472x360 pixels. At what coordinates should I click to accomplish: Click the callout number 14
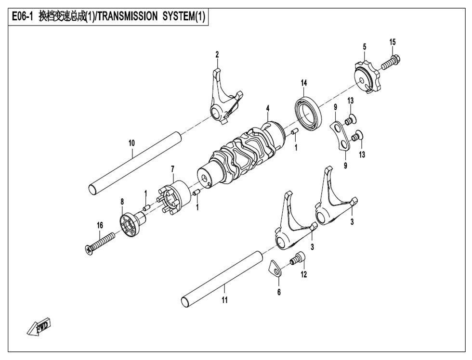point(304,83)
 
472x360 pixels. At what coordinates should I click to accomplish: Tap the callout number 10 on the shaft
point(131,143)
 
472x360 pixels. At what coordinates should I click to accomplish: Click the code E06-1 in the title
point(23,17)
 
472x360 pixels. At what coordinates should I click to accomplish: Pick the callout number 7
point(172,168)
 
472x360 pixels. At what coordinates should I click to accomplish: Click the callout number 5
point(365,47)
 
